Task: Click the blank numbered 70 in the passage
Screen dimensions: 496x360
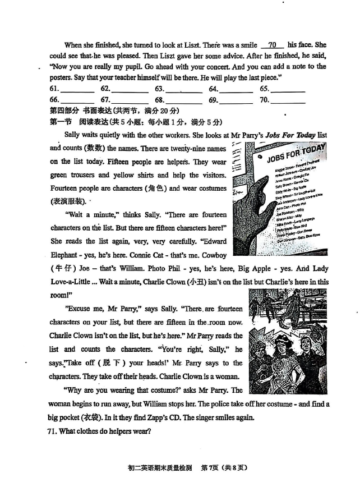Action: (x=273, y=45)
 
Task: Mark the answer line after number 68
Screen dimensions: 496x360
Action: (x=185, y=101)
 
